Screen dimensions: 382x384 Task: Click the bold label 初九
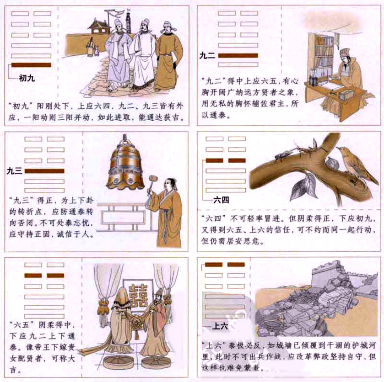pos(27,78)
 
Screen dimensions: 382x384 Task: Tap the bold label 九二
pos(206,55)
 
